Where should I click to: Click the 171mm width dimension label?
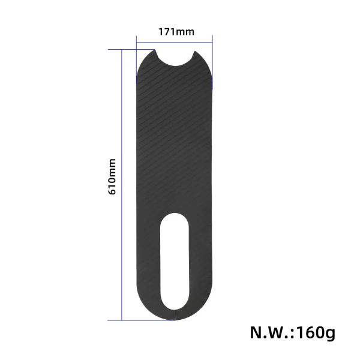point(176,32)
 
